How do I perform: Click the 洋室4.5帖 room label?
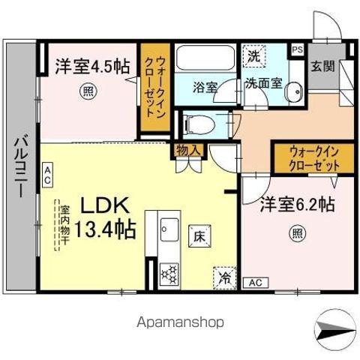(91, 66)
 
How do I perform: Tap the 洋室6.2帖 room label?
(297, 205)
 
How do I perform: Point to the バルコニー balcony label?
(20, 165)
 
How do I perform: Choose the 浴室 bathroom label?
(205, 86)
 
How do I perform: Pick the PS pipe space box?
(298, 50)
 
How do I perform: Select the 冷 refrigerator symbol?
(225, 277)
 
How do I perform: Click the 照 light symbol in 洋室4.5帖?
(88, 94)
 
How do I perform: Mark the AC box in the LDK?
(47, 175)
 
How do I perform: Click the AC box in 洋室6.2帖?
(254, 283)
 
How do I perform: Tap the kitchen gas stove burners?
(169, 273)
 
